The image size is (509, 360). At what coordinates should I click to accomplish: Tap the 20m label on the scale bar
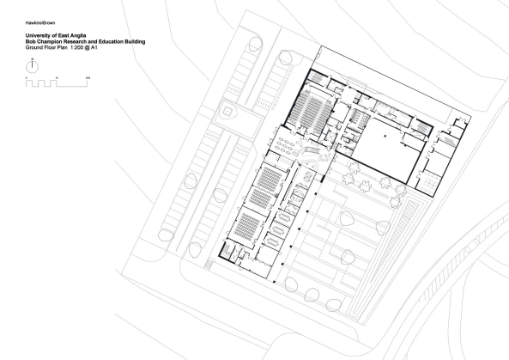(x=88, y=79)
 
